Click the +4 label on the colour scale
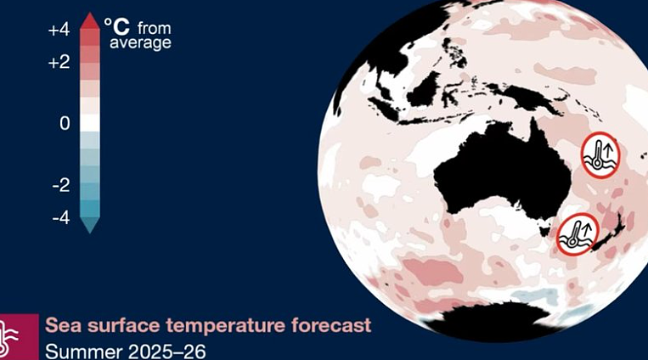click(59, 31)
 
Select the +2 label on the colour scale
click(59, 63)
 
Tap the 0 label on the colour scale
click(65, 123)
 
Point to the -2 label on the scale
click(61, 185)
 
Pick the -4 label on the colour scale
click(61, 218)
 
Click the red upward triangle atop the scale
click(90, 21)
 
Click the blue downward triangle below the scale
click(90, 225)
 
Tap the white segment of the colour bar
click(90, 123)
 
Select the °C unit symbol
click(116, 26)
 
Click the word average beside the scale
click(140, 42)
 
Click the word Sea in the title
click(61, 325)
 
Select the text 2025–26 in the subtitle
click(167, 352)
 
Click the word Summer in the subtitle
click(84, 352)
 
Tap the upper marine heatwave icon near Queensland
click(600, 155)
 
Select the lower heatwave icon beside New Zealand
click(578, 234)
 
